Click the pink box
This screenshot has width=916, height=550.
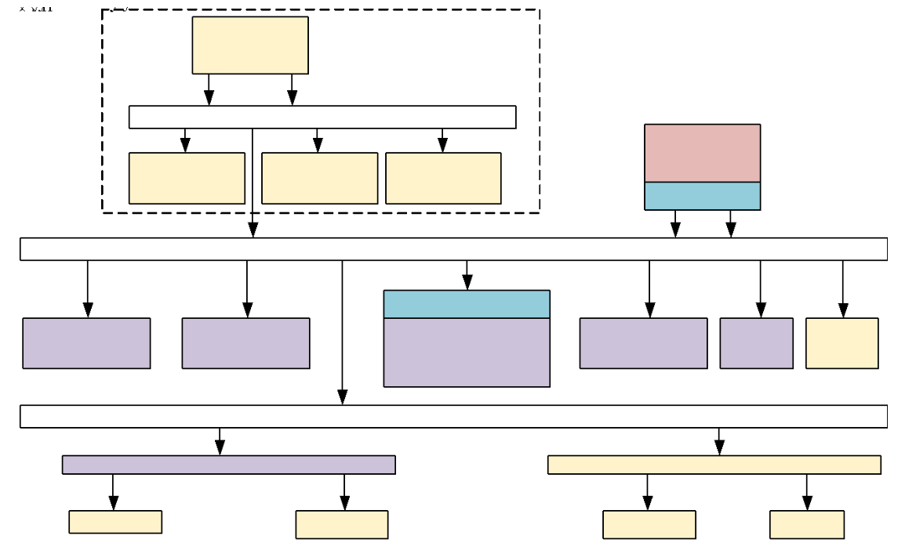tap(702, 153)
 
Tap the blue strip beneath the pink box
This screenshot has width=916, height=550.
tap(702, 196)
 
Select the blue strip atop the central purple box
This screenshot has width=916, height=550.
tap(467, 304)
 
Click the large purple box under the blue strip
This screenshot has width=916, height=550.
tap(467, 352)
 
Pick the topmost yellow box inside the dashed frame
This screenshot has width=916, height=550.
tap(250, 45)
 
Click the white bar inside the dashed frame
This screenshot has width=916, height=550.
tap(322, 117)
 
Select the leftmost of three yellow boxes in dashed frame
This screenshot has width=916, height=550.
tap(187, 178)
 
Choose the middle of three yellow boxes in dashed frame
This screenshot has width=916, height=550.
tap(319, 178)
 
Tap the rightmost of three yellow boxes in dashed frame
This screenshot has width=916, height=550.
tap(443, 178)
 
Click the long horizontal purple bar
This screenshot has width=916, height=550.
tap(228, 465)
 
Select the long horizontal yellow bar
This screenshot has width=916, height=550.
tap(714, 465)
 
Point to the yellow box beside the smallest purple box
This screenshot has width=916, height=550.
tap(841, 343)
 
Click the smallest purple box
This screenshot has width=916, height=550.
tap(756, 343)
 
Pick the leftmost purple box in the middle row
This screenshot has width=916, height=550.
tap(86, 343)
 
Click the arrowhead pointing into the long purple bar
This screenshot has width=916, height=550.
tap(220, 447)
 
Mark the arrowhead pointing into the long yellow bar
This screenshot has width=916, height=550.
tap(719, 447)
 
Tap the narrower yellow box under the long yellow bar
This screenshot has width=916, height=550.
tap(806, 524)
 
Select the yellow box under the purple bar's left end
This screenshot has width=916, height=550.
tap(115, 522)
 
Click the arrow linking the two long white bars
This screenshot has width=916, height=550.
tap(342, 329)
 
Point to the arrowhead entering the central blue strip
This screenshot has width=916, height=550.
tap(467, 283)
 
